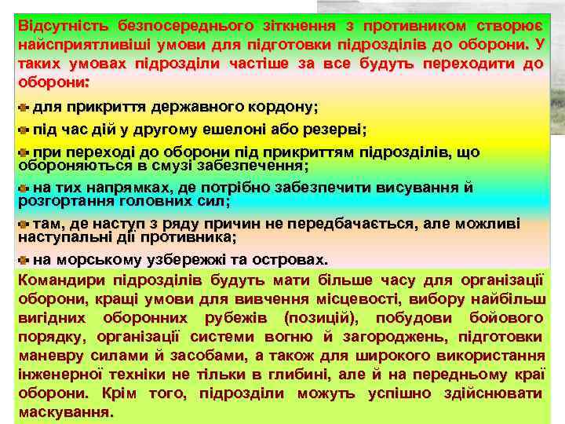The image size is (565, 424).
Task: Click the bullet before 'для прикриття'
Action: click(x=23, y=107)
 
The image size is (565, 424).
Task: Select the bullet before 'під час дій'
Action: click(x=23, y=129)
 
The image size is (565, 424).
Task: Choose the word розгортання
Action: click(x=60, y=202)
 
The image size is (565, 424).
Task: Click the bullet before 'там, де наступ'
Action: click(x=23, y=225)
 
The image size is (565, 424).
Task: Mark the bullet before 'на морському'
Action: click(x=23, y=260)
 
